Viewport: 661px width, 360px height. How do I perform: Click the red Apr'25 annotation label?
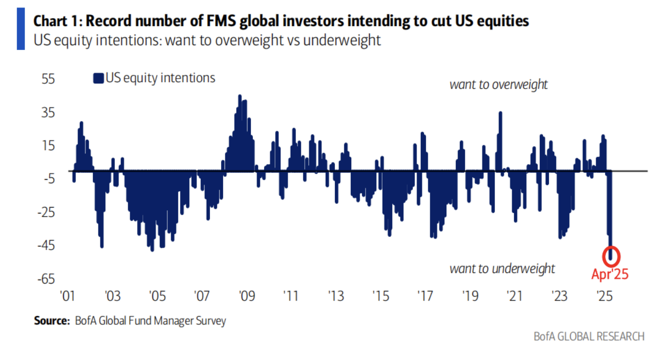click(610, 275)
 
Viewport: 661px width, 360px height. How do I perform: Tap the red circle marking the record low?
click(611, 255)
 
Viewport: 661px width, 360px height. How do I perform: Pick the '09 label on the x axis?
click(245, 296)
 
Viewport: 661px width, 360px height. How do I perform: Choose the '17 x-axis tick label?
click(424, 296)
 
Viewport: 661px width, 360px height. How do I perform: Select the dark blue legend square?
click(98, 79)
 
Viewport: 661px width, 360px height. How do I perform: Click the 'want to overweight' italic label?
click(498, 84)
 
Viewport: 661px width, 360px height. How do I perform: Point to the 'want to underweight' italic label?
click(502, 268)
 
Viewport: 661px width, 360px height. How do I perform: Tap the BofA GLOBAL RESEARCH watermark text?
click(589, 336)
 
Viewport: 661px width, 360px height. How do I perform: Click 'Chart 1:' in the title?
click(57, 21)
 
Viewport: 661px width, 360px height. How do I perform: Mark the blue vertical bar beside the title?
click(21, 29)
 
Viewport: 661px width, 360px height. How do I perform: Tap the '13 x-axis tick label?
click(335, 296)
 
